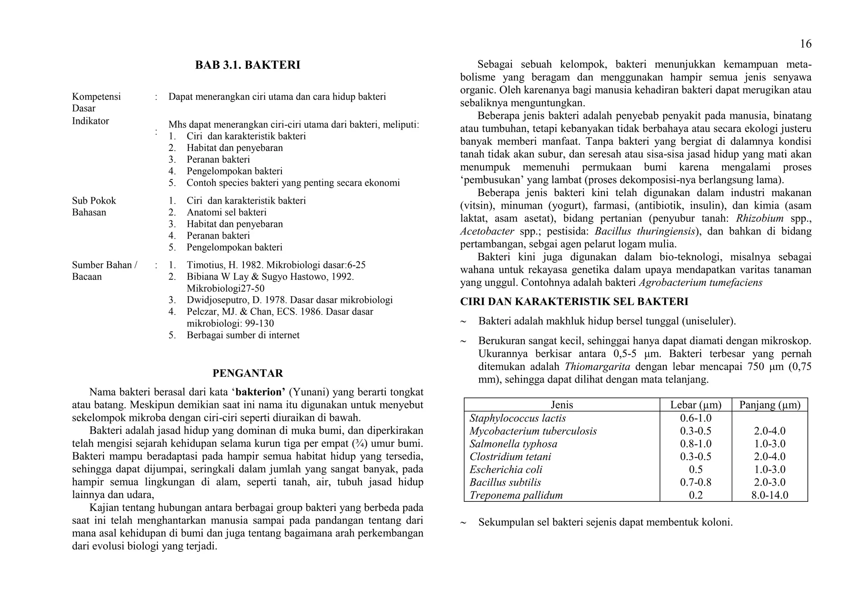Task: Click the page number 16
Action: tap(805, 44)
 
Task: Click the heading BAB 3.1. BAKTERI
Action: tap(248, 65)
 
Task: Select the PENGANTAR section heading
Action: tap(248, 373)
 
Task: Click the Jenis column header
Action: tap(562, 405)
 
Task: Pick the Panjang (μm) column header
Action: tap(769, 405)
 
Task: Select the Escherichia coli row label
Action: tap(506, 470)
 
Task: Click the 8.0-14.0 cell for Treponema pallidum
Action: tap(769, 496)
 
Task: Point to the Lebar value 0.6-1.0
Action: tap(696, 418)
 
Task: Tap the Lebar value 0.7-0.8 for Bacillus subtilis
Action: tap(696, 483)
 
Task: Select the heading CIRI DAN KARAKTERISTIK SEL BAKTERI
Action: tap(574, 302)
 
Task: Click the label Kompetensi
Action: tap(96, 97)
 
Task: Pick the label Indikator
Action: tap(90, 121)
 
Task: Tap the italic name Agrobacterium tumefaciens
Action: tap(701, 283)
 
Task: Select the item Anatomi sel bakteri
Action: tap(226, 212)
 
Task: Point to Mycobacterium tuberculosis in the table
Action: tap(533, 431)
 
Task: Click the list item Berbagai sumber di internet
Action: tap(243, 335)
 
